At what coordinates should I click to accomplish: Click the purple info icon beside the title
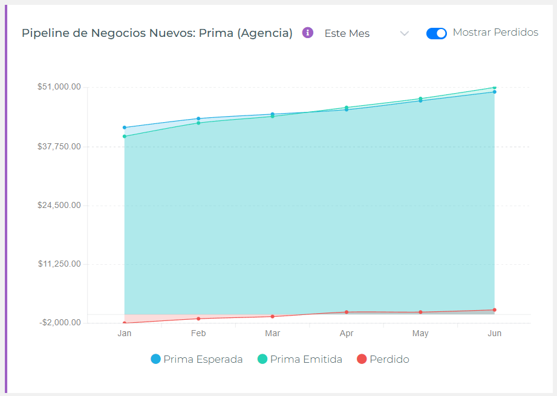coord(308,33)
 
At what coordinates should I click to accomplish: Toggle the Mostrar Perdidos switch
coord(436,33)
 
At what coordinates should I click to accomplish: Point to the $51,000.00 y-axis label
coord(59,87)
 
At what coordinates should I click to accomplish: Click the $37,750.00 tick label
coord(59,146)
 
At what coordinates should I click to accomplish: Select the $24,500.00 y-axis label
coord(59,205)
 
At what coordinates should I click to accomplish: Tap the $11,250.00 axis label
coord(59,264)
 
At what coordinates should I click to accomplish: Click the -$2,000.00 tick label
coord(60,323)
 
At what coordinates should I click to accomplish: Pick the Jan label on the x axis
coord(125,333)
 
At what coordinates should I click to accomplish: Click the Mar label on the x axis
coord(272,333)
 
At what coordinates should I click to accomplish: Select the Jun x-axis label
coord(494,333)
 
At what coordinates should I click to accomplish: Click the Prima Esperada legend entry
coord(197,359)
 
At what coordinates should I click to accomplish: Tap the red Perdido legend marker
coord(362,359)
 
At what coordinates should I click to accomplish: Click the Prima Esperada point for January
coord(125,128)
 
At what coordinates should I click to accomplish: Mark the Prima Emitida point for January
coord(125,137)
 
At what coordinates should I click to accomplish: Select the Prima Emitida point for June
coord(494,88)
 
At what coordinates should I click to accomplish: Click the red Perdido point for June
coord(494,310)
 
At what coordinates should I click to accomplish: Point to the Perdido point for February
coord(198,319)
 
